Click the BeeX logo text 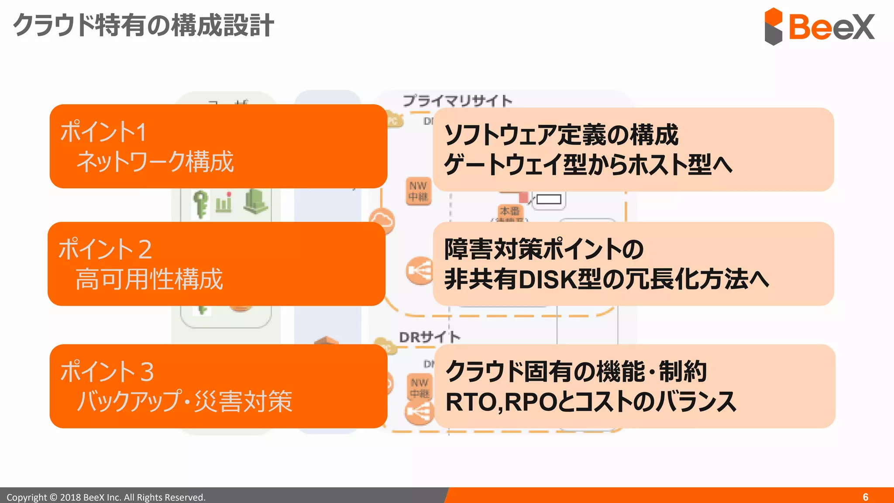point(832,27)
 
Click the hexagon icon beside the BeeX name point(774,27)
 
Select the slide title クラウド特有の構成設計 point(144,25)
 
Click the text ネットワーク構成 point(155,162)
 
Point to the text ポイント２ point(105,249)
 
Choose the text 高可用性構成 point(149,279)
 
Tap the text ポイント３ point(107,372)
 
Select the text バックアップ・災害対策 point(184,401)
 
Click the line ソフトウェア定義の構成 point(561,134)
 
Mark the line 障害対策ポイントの point(544,249)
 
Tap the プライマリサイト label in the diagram point(457,101)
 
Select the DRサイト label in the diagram point(430,337)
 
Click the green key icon point(200,204)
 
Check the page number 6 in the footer point(865,497)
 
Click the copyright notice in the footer point(106,497)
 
